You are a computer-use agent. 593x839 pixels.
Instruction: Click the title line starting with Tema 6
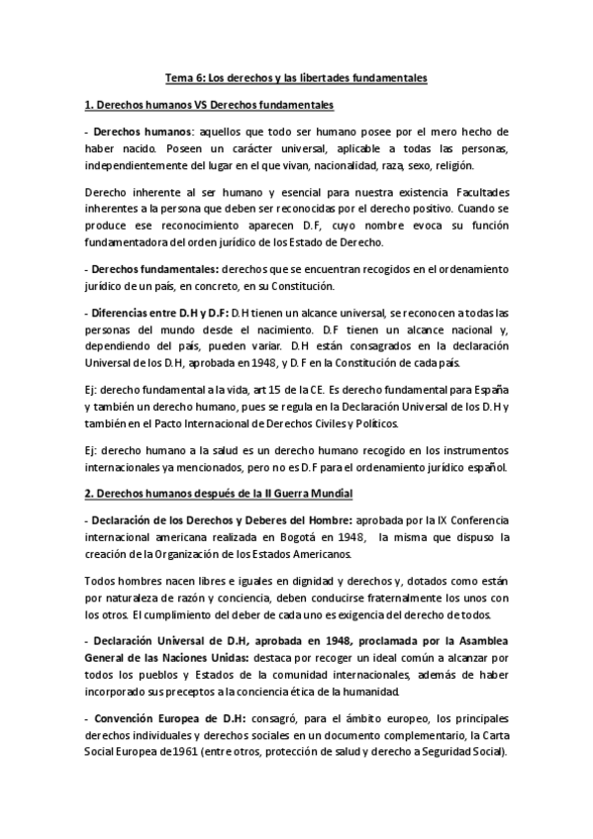[297, 76]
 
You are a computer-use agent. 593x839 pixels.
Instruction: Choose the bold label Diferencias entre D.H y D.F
[159, 314]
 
